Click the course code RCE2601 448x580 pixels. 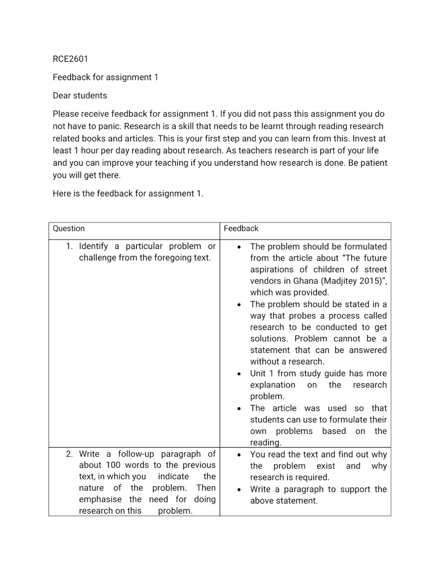pos(70,59)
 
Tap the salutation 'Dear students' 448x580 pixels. pos(80,96)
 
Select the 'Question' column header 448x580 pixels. pos(69,229)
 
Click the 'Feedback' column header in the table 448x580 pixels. pos(241,229)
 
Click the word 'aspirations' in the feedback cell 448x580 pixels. pos(273,269)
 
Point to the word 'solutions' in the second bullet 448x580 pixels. pos(269,339)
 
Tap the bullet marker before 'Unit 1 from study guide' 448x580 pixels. pos(239,374)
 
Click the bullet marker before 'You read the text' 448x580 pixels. pos(239,455)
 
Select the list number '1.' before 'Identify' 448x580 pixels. pos(69,246)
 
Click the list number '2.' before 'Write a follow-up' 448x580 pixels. pos(69,454)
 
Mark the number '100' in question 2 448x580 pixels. pos(113,465)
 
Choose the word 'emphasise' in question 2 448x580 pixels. pos(100,500)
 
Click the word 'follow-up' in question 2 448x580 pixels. pos(136,454)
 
